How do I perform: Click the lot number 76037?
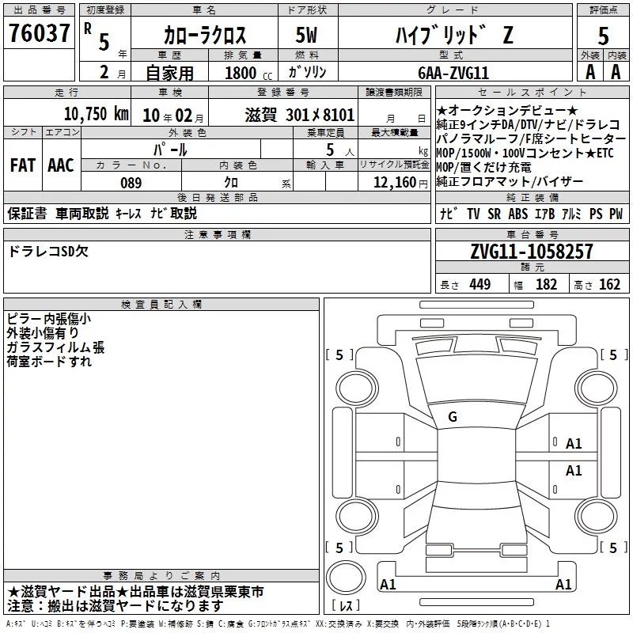point(39,33)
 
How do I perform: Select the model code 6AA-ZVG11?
point(453,73)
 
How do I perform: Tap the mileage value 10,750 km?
point(97,114)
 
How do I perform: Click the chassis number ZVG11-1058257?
point(532,251)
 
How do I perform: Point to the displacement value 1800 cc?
point(248,73)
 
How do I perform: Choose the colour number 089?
point(131,183)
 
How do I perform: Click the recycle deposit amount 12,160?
point(395,182)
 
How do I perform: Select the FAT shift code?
point(23,165)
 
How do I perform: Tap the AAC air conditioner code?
point(61,165)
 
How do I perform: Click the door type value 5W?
point(306,35)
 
